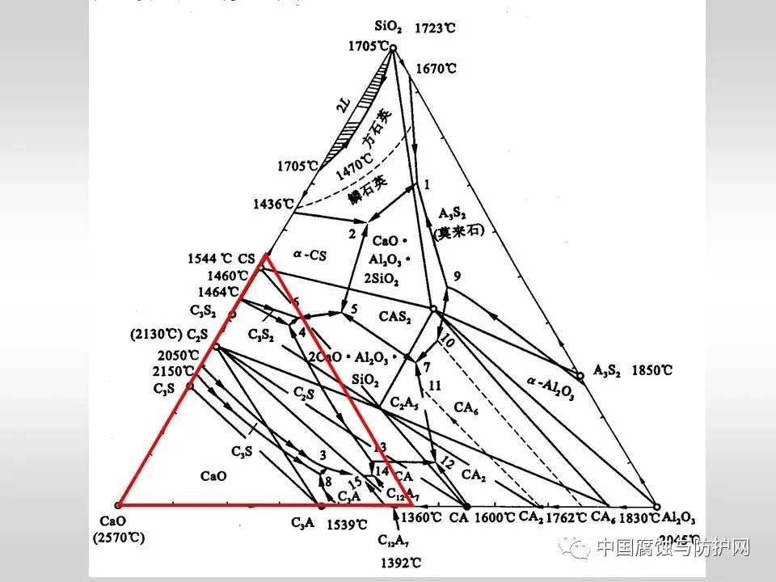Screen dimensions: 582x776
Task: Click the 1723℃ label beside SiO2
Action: (435, 28)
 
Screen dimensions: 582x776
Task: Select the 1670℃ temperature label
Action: (436, 69)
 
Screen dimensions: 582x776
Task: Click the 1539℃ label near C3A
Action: (347, 525)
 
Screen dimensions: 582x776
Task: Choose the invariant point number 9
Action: (457, 276)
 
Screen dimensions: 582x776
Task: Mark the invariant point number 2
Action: (352, 234)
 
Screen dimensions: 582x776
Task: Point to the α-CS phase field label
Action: (307, 254)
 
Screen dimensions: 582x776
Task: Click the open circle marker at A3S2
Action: (580, 376)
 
